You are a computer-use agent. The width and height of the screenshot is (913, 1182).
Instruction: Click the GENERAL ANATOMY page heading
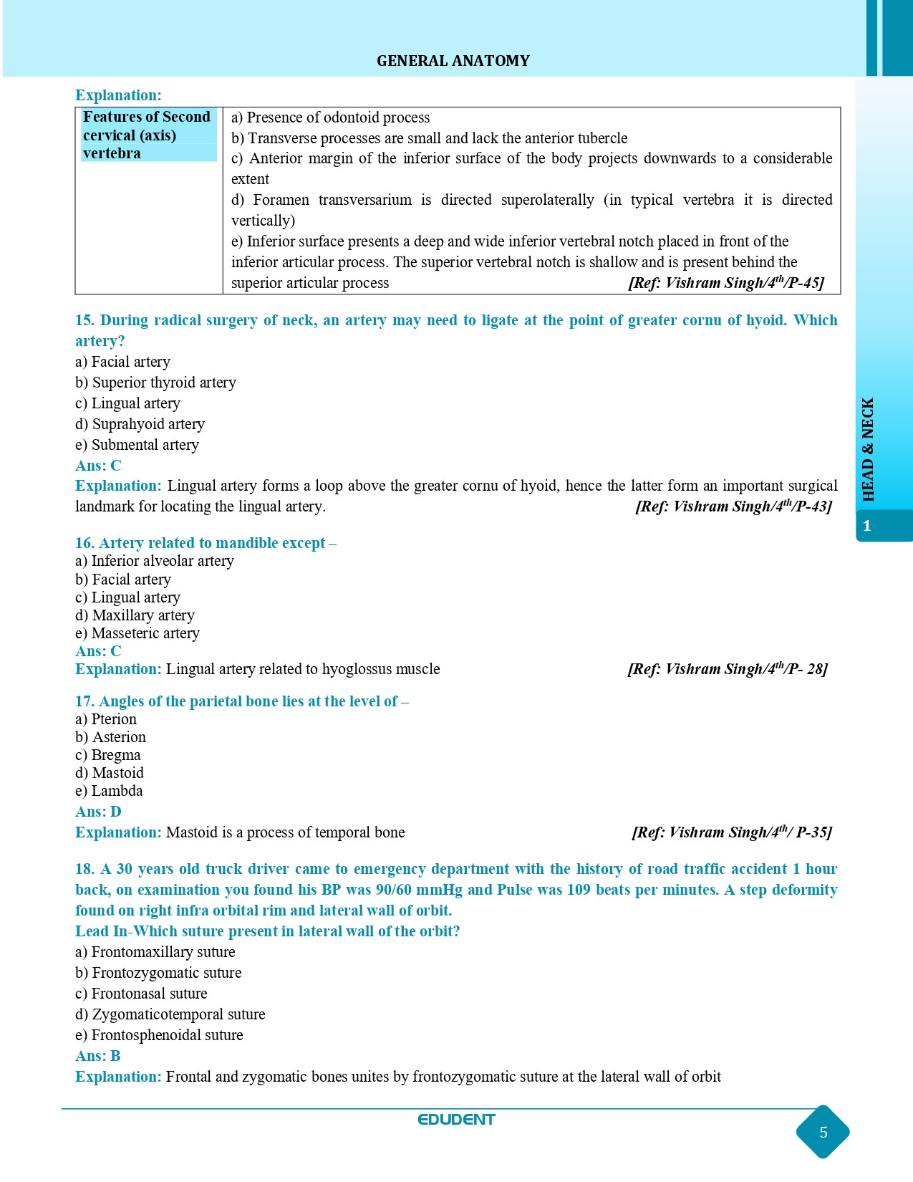(x=453, y=61)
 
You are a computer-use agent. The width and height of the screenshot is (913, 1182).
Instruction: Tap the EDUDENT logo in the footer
(x=456, y=1120)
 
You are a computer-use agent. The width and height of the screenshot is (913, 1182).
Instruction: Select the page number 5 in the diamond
(x=823, y=1132)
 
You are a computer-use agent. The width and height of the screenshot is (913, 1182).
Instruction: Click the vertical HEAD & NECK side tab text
(x=868, y=449)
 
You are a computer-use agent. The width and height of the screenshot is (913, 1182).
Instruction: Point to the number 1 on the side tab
(x=866, y=526)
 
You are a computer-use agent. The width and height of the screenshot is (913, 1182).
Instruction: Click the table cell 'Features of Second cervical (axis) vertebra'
(x=148, y=135)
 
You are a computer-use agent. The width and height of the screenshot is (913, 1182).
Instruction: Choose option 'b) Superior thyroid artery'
(x=155, y=383)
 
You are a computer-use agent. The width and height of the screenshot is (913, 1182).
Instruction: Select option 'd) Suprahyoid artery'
(x=140, y=424)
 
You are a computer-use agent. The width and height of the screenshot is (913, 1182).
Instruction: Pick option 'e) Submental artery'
(x=137, y=445)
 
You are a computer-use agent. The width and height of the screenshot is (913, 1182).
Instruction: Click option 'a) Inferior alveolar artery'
(x=155, y=561)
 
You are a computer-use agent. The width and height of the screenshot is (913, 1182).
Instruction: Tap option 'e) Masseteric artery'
(x=137, y=633)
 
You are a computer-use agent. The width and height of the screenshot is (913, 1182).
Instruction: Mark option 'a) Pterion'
(x=106, y=719)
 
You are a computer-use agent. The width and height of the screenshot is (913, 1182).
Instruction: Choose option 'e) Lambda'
(x=109, y=791)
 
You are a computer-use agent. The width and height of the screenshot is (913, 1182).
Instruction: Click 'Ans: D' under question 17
(x=98, y=812)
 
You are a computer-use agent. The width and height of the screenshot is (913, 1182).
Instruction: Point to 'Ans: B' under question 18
(x=98, y=1056)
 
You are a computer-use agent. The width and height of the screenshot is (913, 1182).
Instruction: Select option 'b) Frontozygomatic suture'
(x=158, y=973)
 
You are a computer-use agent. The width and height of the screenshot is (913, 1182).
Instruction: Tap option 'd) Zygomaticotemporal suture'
(x=170, y=1014)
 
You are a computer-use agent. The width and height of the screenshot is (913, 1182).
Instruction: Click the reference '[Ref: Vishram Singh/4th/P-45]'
(x=726, y=282)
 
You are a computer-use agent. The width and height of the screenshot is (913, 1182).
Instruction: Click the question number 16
(x=84, y=543)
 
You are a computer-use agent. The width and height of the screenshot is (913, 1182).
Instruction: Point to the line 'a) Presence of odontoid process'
(x=330, y=117)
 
